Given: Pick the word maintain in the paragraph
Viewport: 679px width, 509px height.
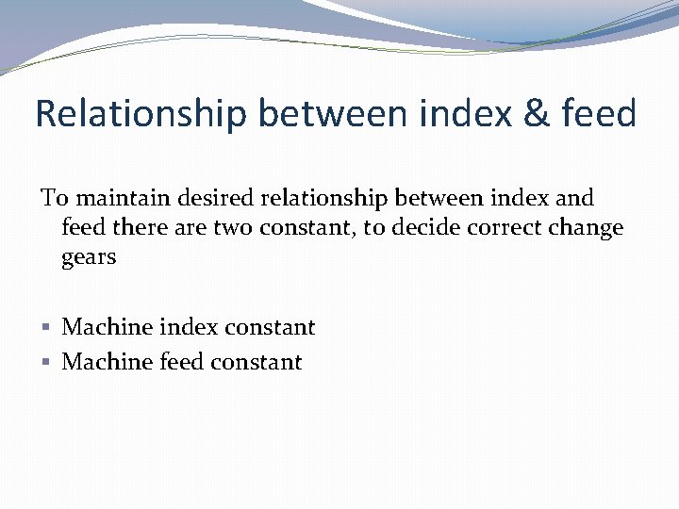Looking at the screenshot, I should click(x=112, y=199).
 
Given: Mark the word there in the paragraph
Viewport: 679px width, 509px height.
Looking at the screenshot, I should click(x=138, y=228).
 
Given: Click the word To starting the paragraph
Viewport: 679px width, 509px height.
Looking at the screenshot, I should click(x=54, y=199).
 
